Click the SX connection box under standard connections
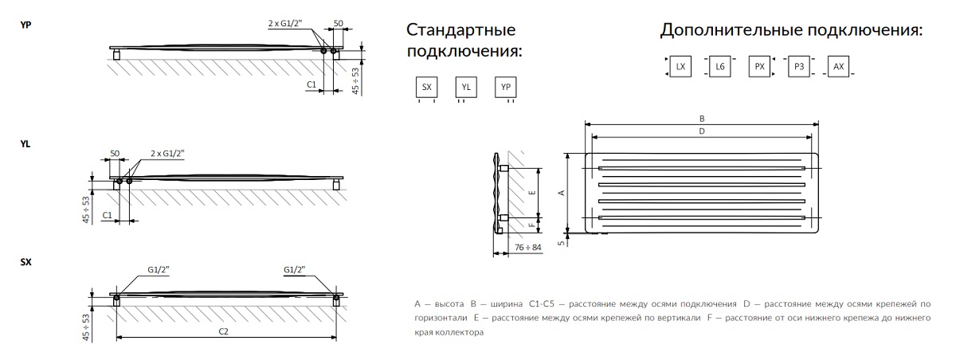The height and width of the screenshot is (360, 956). click(426, 88)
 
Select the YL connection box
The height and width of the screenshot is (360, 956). click(465, 88)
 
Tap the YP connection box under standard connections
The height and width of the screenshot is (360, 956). click(505, 88)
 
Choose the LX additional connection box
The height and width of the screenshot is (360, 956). click(680, 67)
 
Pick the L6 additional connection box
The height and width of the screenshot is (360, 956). click(719, 67)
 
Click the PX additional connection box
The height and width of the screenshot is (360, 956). click(759, 67)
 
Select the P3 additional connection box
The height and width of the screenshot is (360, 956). click(798, 67)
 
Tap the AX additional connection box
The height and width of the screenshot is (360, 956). click(838, 67)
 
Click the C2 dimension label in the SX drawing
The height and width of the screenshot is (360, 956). click(224, 332)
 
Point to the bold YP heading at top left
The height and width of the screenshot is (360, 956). click(25, 25)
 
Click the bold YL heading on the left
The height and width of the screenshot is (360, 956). click(25, 144)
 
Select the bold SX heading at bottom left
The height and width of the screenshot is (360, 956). click(25, 262)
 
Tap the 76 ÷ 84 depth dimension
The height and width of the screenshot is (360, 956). click(527, 248)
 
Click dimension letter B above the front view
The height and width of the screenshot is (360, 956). click(701, 118)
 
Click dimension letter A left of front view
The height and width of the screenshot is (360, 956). click(561, 193)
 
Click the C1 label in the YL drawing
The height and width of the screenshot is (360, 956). click(108, 216)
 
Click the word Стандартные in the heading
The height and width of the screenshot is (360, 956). click(461, 31)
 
